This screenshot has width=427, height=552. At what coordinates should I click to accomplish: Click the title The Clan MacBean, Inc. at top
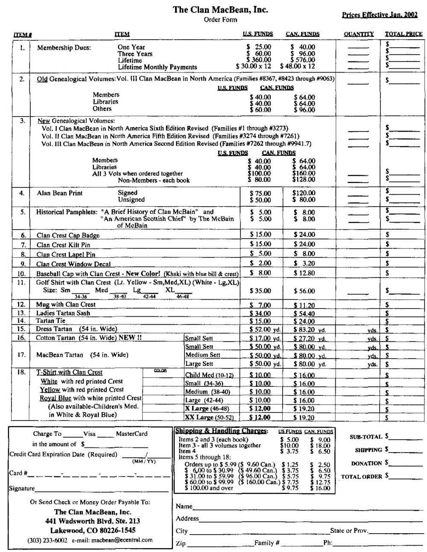click(x=220, y=9)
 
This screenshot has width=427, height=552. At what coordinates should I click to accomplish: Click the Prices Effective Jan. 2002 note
click(x=380, y=15)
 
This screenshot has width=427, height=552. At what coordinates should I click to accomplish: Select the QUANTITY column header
click(x=359, y=34)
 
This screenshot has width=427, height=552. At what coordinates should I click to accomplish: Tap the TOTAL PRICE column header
click(x=404, y=34)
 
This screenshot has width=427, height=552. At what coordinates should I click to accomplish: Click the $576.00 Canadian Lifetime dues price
click(x=303, y=60)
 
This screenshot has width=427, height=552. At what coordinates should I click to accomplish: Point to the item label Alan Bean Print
click(x=60, y=193)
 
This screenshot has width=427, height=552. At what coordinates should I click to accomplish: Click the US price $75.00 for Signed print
click(x=260, y=193)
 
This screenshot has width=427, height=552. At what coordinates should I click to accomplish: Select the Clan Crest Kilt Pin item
click(x=63, y=245)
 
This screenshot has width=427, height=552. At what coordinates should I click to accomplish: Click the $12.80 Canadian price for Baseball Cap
click(x=304, y=273)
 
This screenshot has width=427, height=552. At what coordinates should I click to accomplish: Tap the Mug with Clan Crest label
click(x=66, y=305)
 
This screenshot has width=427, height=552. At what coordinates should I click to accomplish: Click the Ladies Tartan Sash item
click(x=63, y=313)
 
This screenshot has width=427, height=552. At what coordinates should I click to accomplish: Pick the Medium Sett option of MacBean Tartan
click(x=203, y=355)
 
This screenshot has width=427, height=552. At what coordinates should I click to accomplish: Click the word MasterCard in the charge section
click(x=132, y=434)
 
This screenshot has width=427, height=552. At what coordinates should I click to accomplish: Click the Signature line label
click(x=22, y=488)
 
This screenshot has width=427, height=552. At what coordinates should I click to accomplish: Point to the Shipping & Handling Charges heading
click(x=221, y=431)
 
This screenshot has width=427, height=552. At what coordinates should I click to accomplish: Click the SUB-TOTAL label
click(x=366, y=437)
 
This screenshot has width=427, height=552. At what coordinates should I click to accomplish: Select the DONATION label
click(x=366, y=464)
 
